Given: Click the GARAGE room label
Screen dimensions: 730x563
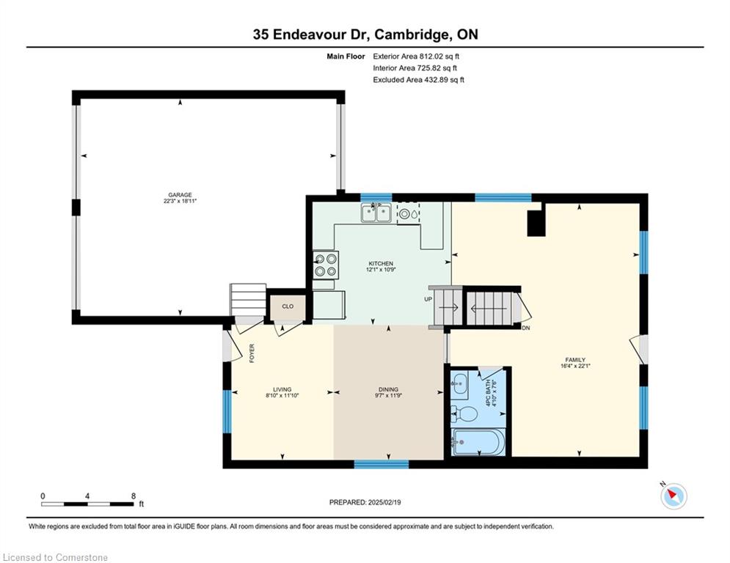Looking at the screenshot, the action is pos(180,195).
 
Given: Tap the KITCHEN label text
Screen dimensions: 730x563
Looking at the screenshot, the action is pos(381,263).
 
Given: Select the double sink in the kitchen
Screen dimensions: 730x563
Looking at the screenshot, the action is pos(376,213).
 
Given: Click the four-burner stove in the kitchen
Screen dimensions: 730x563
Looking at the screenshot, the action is pos(326,265).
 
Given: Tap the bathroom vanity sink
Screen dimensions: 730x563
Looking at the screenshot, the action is pos(459,384).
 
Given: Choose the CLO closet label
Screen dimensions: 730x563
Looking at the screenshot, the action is pos(288,306).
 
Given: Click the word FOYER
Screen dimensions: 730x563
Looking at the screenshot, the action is pos(252,353).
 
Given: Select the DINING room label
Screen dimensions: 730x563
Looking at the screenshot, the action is pos(388,389).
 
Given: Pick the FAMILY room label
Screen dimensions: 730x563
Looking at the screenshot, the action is pos(575,360).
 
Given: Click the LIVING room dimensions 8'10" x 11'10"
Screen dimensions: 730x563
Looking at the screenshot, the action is pos(282,395).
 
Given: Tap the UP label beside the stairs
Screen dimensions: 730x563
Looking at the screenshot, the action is pos(428,299).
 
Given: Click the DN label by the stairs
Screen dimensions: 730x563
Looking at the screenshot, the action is pos(526,328).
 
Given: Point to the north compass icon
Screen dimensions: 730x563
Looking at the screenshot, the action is pos(674,496).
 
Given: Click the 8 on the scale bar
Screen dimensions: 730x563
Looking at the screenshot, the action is pos(133,496).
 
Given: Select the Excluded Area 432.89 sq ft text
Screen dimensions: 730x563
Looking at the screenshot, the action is pos(418,80).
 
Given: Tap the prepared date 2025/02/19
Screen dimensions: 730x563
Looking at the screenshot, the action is pos(384,502).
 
